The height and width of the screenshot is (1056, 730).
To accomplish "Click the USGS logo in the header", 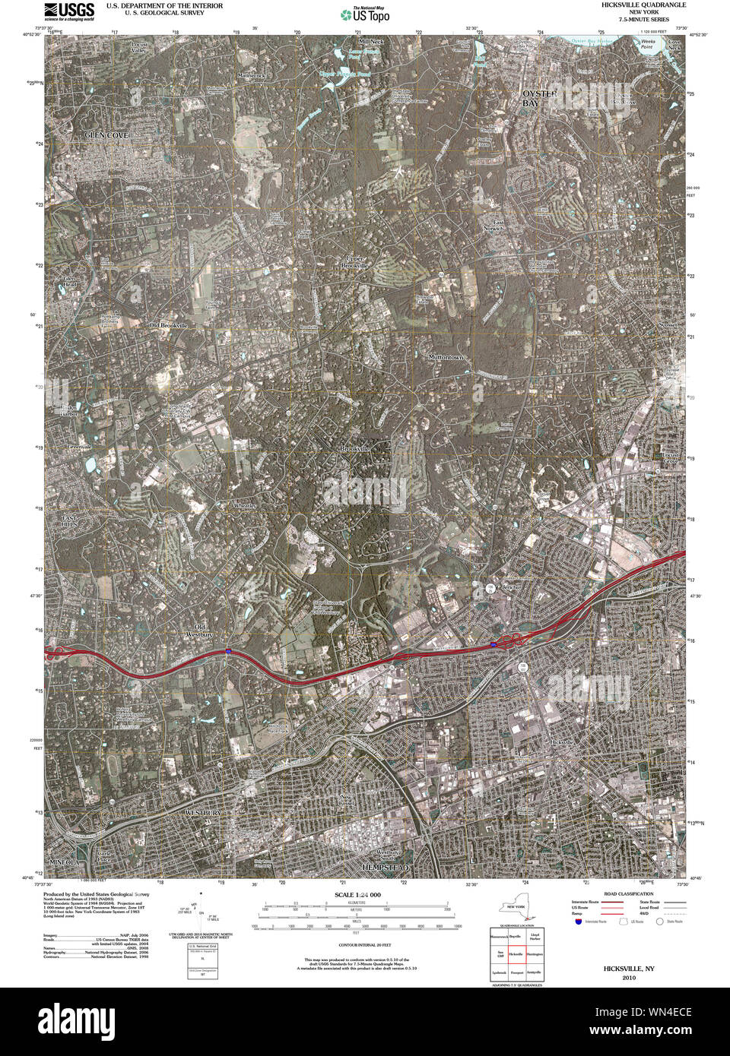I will click(x=69, y=10).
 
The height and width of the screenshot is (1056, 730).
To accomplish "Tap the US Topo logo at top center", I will click(x=364, y=14).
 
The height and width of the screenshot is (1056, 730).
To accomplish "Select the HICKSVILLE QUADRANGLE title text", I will click(x=642, y=5).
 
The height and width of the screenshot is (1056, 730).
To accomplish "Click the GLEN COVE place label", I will click(x=106, y=134).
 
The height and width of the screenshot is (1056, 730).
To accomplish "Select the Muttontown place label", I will click(x=445, y=356).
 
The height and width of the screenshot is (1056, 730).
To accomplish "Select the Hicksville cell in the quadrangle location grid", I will click(x=516, y=952).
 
